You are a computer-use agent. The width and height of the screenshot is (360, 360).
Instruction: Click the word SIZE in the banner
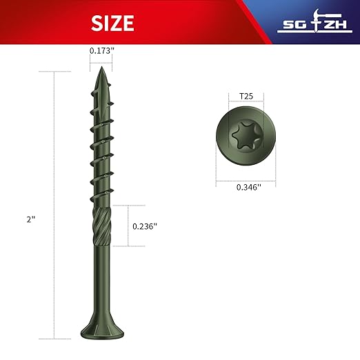coord(112,23)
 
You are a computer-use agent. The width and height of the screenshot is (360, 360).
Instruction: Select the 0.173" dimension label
coord(103,50)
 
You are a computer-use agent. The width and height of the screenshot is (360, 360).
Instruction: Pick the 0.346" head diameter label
coord(235,186)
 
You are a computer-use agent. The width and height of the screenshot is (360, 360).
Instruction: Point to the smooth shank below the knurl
coord(101,283)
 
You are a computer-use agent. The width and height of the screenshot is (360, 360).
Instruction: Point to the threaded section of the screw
coord(101,152)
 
